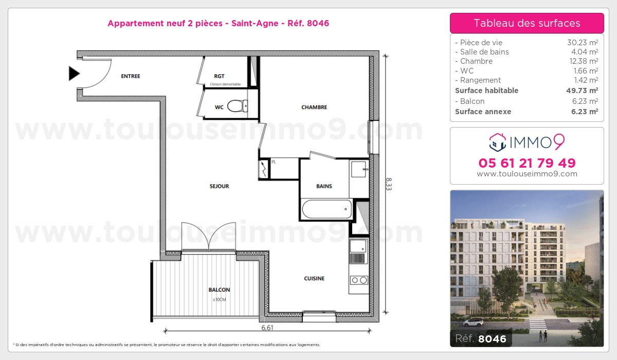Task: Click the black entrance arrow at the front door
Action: [x=75, y=74]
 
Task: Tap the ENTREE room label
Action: [x=130, y=77]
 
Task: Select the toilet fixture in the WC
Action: [x=237, y=106]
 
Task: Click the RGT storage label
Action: [x=219, y=77]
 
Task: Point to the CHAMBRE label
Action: [x=314, y=107]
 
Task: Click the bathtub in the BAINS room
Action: [x=326, y=209]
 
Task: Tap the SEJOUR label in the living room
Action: [x=219, y=186]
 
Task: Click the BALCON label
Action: [x=219, y=290]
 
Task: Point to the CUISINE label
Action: [x=314, y=279]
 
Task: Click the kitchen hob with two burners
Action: [x=358, y=280]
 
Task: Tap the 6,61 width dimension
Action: [x=267, y=327]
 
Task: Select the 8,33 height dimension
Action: [x=389, y=184]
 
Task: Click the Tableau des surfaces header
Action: [x=527, y=23]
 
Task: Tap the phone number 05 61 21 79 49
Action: [x=527, y=163]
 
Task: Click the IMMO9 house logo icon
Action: [x=497, y=141]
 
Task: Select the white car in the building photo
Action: [x=473, y=322]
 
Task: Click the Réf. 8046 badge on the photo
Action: [x=481, y=339]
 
